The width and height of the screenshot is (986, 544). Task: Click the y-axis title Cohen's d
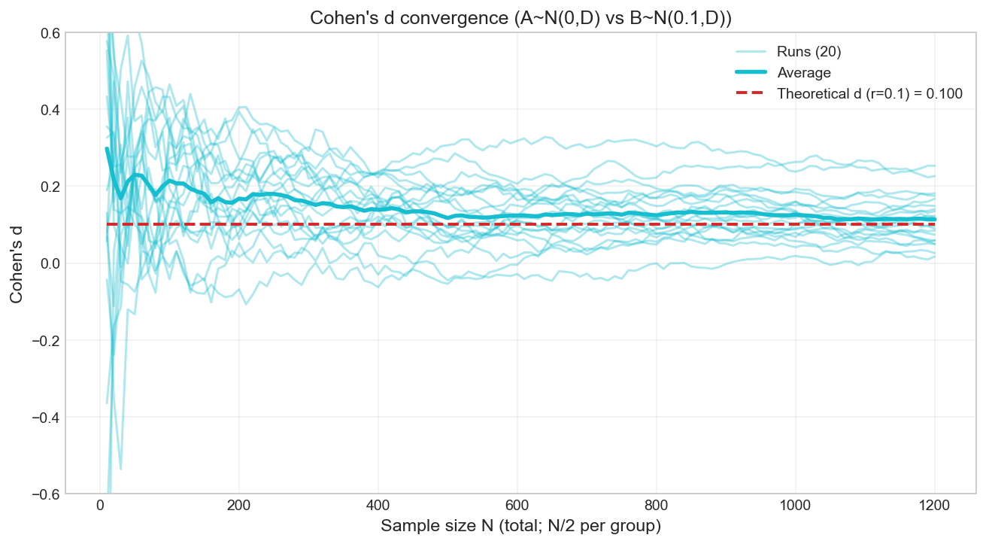click(16, 263)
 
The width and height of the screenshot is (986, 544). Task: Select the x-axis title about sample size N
click(520, 526)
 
